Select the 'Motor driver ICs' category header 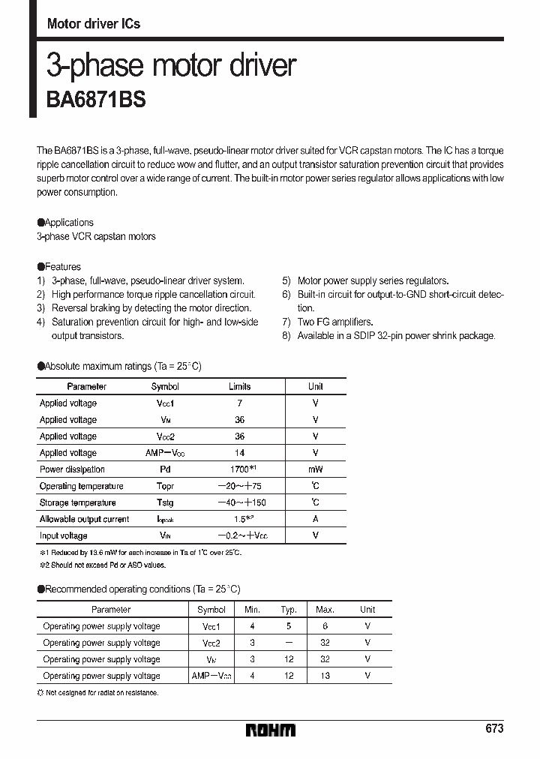click(94, 24)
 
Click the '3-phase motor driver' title click(172, 66)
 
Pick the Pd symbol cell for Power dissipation click(165, 469)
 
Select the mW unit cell click(315, 469)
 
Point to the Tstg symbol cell click(165, 502)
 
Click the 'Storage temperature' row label click(77, 502)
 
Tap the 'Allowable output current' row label click(84, 519)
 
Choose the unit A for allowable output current click(315, 519)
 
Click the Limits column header click(239, 386)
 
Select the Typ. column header click(289, 610)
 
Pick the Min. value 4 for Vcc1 click(253, 626)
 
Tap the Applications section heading click(65, 223)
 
